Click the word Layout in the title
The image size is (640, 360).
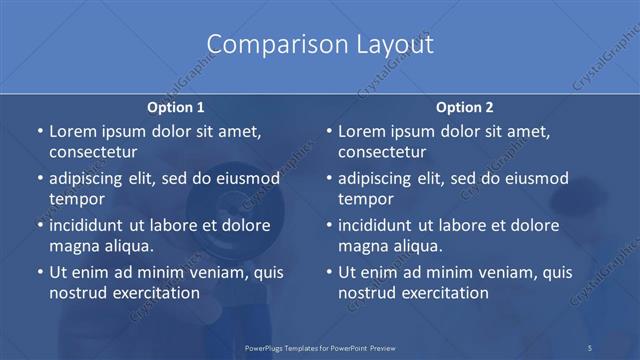pyautogui.click(x=384, y=45)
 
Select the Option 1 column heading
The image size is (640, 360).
pyautogui.click(x=176, y=107)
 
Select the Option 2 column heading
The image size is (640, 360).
pyautogui.click(x=465, y=107)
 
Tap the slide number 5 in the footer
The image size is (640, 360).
pyautogui.click(x=590, y=347)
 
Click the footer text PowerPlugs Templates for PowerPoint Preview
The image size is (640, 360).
pyautogui.click(x=319, y=347)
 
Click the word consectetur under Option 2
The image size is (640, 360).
pyautogui.click(x=382, y=152)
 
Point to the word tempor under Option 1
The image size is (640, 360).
pyautogui.click(x=77, y=198)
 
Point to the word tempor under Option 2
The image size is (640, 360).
pyautogui.click(x=366, y=198)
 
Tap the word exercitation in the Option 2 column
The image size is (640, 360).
pyautogui.click(x=443, y=292)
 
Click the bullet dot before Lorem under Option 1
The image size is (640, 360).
pyautogui.click(x=39, y=132)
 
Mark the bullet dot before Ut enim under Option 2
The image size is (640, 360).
pyautogui.click(x=329, y=272)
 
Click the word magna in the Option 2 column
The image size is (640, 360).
pyautogui.click(x=361, y=245)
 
